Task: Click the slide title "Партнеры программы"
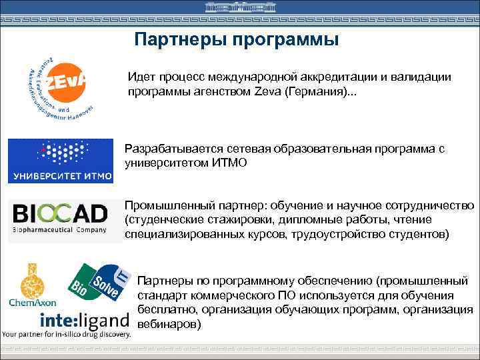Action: point(236,40)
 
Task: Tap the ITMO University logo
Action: point(61,161)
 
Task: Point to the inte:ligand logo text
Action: point(85,319)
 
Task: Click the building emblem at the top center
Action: point(239,8)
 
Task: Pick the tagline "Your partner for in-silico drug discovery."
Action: point(66,333)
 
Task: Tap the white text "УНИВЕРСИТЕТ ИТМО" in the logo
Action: point(61,177)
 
